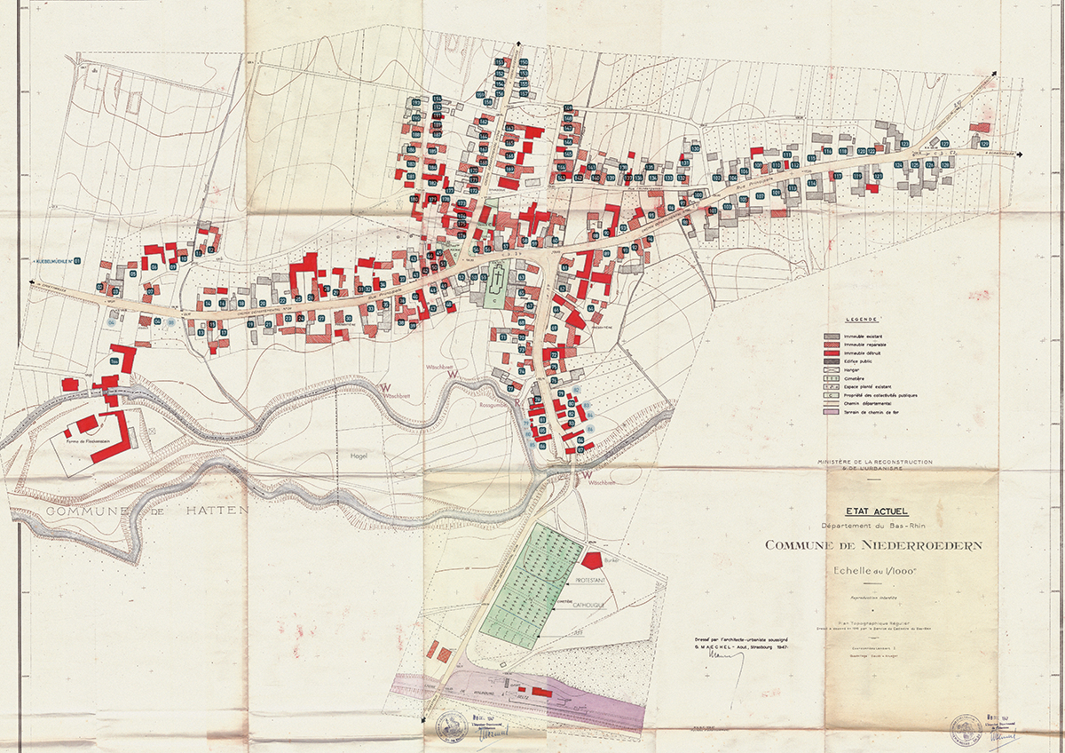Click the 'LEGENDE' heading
click(x=861, y=318)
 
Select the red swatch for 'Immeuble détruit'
click(x=832, y=353)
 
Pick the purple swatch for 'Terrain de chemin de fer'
click(x=832, y=411)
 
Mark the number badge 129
click(x=983, y=144)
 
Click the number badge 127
click(x=944, y=144)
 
